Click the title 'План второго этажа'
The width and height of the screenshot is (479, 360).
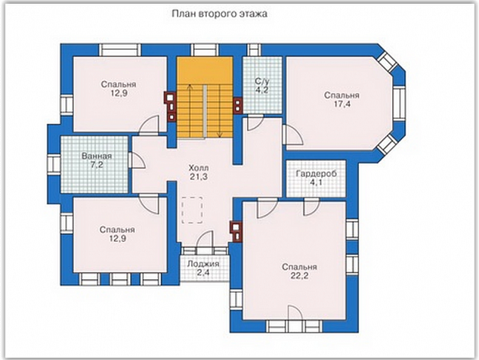(219, 14)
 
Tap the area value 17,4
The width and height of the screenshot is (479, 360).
(342, 104)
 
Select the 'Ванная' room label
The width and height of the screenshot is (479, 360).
(97, 157)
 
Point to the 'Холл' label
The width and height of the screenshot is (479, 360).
(199, 168)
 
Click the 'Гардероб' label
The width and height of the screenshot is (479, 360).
(317, 174)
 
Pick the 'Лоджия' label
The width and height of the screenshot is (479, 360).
(203, 264)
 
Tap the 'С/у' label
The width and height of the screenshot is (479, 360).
(262, 82)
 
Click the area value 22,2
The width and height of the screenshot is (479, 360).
(299, 276)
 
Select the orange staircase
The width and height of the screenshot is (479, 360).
(205, 98)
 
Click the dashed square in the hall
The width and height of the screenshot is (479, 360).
(192, 210)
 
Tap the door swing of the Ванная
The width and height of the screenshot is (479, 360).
(137, 160)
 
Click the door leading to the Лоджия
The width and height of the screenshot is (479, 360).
(205, 238)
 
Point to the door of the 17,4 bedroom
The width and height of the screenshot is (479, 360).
(292, 135)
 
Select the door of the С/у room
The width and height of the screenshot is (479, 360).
(255, 123)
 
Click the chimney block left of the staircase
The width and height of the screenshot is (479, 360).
(172, 107)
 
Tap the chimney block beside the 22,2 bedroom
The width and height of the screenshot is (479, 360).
(236, 231)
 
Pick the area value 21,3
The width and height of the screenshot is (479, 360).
(199, 176)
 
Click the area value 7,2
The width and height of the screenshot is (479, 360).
(97, 165)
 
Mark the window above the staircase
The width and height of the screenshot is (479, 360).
(205, 50)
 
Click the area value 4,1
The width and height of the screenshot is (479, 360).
(316, 183)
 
